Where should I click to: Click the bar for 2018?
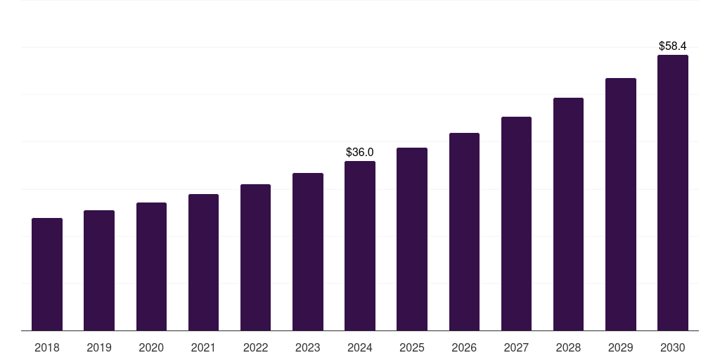[x=47, y=274]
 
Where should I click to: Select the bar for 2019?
[x=99, y=271]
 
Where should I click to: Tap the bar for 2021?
[x=203, y=262]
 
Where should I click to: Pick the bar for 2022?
[x=255, y=257]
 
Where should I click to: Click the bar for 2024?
[x=360, y=246]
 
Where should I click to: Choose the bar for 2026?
[x=464, y=232]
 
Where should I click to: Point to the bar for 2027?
[x=516, y=224]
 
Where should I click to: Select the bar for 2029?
[x=620, y=205]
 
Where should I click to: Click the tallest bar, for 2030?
[x=672, y=193]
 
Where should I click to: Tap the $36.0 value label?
[x=360, y=152]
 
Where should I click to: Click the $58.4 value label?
[x=672, y=46]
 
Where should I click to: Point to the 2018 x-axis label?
[x=47, y=347]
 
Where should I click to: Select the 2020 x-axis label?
[x=151, y=347]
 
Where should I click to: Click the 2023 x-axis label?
[x=307, y=347]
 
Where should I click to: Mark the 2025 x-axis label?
[x=412, y=347]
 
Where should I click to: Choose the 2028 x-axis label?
[x=568, y=347]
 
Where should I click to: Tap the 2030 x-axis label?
[x=672, y=347]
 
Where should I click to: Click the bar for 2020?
[x=151, y=266]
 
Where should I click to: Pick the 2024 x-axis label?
[x=360, y=347]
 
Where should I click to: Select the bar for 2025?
[x=412, y=239]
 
